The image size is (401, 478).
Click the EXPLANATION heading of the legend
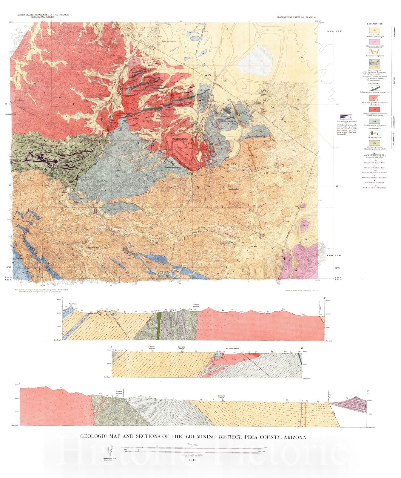(375, 24)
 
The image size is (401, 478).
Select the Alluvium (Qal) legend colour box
(374, 30)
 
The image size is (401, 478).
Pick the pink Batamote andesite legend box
(374, 41)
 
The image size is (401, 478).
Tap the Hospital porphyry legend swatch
(374, 51)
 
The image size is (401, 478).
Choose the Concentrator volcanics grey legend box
(374, 121)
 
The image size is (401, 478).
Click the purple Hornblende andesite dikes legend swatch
(346, 117)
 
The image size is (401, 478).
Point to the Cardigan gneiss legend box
(374, 143)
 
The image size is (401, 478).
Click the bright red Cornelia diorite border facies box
(374, 110)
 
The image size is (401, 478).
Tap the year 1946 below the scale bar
(192, 468)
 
